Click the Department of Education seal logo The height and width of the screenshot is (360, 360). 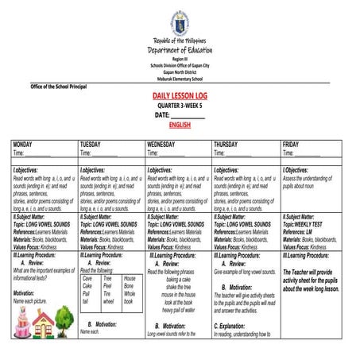pos(180,21)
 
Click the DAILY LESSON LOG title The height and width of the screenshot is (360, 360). pos(180,95)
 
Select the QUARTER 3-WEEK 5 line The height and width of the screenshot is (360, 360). pos(180,105)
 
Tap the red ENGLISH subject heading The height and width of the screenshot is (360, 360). pos(180,125)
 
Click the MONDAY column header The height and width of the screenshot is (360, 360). pos(23,145)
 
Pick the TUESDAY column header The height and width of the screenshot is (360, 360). pos(91,145)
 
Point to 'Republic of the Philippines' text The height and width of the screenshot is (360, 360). pos(180,41)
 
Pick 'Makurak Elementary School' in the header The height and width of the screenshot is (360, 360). pos(180,78)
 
